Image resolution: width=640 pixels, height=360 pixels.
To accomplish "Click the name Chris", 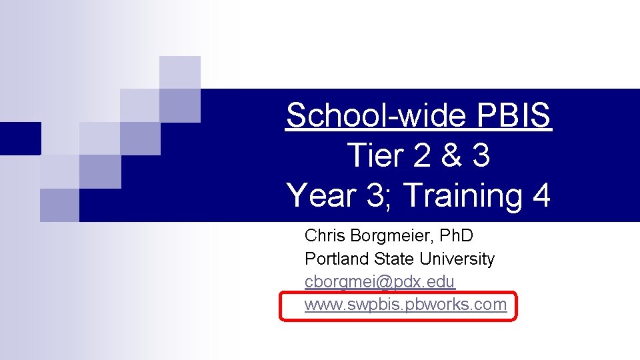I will (323, 235).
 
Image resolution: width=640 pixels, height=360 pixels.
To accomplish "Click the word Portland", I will (331, 259).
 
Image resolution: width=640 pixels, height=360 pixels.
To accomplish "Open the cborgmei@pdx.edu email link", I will (379, 282).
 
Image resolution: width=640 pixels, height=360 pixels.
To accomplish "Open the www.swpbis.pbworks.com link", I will (405, 305).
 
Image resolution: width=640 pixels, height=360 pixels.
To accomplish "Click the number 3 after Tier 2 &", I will (479, 156).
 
